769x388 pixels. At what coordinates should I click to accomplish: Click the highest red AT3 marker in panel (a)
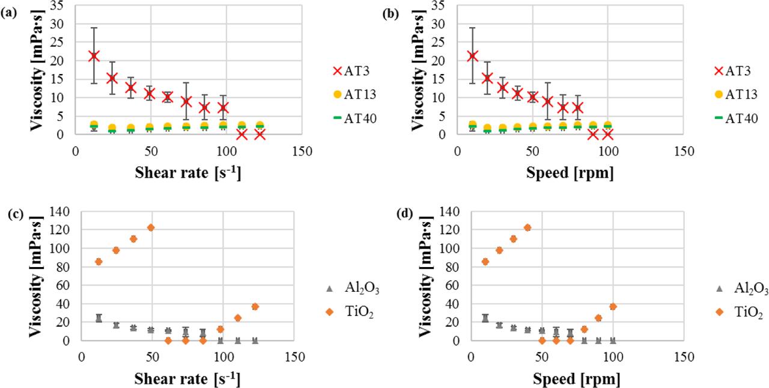tap(94, 56)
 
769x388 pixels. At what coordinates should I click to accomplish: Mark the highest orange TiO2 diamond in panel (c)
tap(151, 227)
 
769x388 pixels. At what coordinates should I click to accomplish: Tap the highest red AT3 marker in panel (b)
tap(472, 56)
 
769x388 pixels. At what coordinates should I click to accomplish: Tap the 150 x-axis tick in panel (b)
tap(683, 149)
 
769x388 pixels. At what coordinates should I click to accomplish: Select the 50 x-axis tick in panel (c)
tap(152, 356)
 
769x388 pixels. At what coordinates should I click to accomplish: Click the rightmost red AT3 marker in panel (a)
tap(260, 134)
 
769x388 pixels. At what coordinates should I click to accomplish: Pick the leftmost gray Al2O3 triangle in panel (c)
tap(99, 318)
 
